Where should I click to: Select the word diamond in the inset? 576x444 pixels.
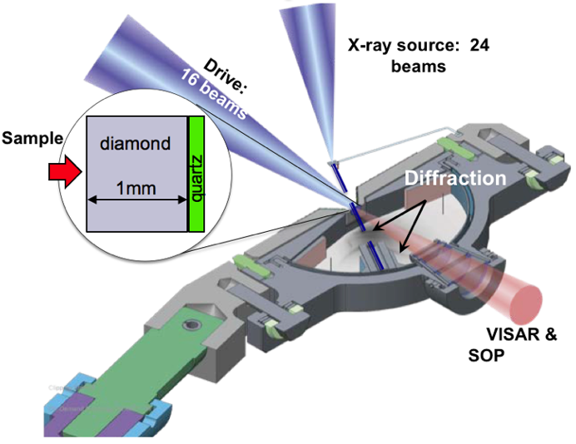(x=135, y=144)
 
